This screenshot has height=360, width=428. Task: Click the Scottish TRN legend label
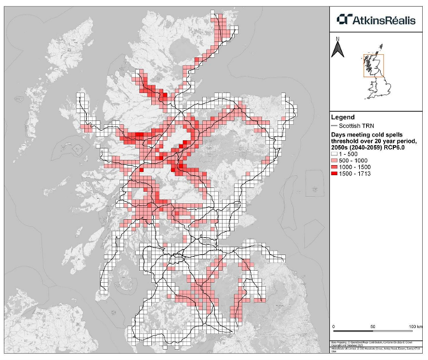click(x=363, y=125)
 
